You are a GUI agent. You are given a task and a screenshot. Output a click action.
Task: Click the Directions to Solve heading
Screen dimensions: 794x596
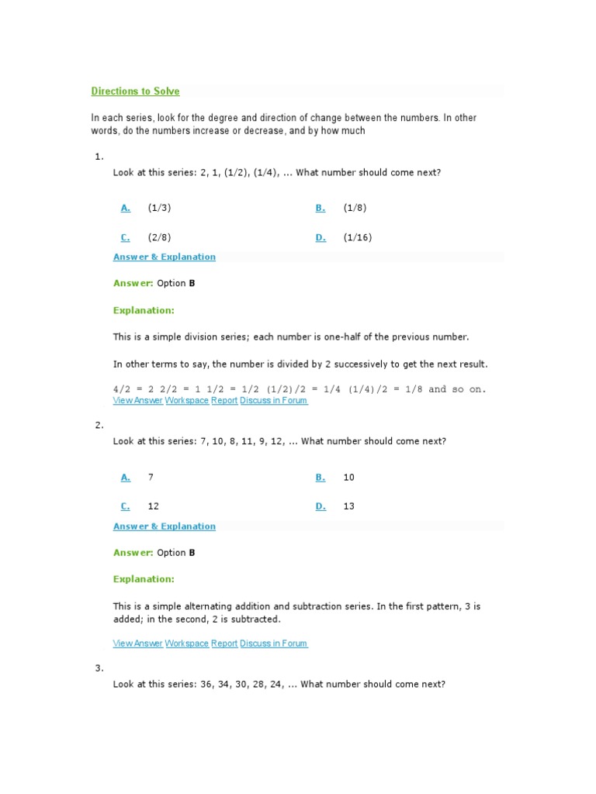(135, 91)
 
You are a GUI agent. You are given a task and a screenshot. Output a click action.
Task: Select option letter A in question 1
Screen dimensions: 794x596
(125, 208)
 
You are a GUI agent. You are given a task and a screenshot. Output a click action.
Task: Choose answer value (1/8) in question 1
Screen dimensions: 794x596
(355, 208)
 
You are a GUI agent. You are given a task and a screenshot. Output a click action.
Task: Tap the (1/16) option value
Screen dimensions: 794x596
(357, 238)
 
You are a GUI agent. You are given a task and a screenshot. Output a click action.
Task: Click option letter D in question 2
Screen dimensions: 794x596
(320, 506)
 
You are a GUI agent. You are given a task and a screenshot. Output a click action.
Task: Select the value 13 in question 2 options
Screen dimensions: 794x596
(348, 506)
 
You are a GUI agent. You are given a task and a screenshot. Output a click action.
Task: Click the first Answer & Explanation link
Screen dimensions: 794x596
(165, 257)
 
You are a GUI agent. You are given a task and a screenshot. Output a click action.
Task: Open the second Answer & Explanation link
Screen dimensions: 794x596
(165, 526)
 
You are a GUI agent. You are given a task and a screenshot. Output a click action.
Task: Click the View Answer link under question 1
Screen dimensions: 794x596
(137, 401)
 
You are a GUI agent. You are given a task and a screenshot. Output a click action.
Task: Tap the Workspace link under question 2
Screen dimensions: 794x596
(187, 644)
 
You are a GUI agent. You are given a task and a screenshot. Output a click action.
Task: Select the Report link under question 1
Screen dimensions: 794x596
(224, 401)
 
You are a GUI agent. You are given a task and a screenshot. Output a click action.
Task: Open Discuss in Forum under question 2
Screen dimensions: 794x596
(274, 644)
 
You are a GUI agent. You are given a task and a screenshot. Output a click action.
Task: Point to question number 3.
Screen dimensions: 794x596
(99, 668)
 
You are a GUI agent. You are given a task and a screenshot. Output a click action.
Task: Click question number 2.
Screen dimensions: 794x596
(99, 425)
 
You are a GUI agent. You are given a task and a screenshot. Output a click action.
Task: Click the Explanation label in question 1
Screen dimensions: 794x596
(144, 310)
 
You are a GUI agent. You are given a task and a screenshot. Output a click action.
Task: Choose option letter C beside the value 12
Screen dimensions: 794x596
(125, 506)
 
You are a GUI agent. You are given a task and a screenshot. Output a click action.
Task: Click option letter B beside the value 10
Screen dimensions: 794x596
(320, 478)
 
